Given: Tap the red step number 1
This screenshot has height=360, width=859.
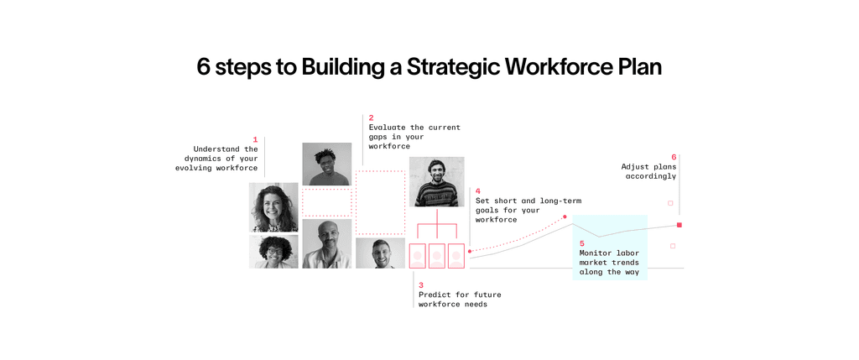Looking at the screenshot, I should tap(255, 139).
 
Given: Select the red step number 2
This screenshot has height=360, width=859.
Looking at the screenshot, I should tap(371, 118).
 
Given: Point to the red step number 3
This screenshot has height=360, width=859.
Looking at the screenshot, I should tap(421, 285).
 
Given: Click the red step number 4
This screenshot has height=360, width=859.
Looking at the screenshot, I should tap(478, 191).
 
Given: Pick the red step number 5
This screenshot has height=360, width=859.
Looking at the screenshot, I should tap(582, 243).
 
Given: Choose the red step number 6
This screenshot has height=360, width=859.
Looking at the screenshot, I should tap(674, 157).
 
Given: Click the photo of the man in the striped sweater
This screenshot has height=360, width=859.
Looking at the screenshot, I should tap(436, 181).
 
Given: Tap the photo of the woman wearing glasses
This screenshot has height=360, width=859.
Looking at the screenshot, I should tap(273, 252).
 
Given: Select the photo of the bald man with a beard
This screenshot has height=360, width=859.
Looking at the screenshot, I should tap(326, 244).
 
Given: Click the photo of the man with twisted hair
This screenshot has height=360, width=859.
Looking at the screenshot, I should tap(326, 164).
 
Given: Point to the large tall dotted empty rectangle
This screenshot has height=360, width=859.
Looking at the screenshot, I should tap(380, 202).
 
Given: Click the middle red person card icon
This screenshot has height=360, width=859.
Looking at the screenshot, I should tap(436, 256).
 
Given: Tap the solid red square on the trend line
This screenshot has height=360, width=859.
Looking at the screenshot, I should tap(679, 225).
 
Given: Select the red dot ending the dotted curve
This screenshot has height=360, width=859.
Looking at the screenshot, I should tap(565, 217).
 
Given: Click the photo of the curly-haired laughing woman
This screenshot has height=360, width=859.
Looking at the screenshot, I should tap(273, 207).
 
